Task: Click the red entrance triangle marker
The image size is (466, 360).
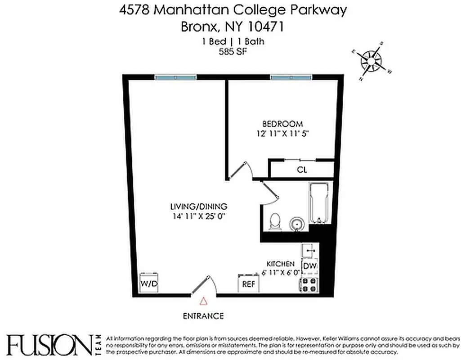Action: [204, 301]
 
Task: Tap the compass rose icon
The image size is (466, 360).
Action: [372, 61]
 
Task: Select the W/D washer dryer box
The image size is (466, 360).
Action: [149, 283]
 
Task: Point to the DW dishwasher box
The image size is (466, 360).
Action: [309, 266]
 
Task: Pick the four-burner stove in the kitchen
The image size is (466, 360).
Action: [309, 284]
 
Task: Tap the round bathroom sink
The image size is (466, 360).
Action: [296, 223]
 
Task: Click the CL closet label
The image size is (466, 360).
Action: [301, 170]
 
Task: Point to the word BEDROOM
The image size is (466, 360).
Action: [282, 124]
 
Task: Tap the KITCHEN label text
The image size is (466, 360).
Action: [281, 264]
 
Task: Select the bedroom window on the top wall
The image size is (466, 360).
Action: [291, 77]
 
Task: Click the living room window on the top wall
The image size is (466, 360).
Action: [175, 77]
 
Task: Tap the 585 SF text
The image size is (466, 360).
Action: [233, 51]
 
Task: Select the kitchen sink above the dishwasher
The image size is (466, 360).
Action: [310, 250]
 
